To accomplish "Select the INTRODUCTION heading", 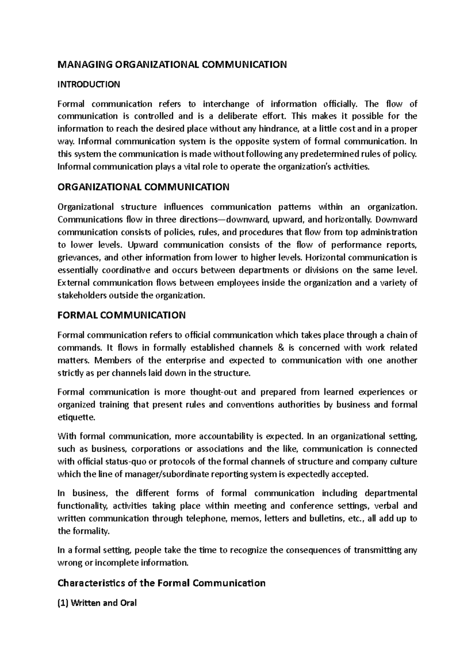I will tap(89, 84).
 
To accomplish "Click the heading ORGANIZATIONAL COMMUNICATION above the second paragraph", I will tap(143, 187).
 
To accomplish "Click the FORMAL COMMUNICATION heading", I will tap(122, 315).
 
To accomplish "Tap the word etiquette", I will tap(76, 418).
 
